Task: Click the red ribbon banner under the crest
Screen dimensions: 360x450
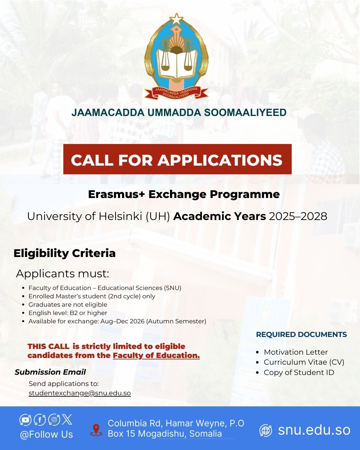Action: click(x=176, y=93)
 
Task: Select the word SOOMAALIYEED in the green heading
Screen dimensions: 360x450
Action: click(x=245, y=113)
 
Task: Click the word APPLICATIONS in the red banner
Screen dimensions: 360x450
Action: click(x=220, y=160)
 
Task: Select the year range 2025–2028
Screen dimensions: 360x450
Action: click(x=298, y=216)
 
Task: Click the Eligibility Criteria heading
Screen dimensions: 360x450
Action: click(x=65, y=253)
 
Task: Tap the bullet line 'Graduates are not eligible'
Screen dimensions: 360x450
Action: click(x=68, y=304)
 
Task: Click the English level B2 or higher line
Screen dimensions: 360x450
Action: click(x=68, y=313)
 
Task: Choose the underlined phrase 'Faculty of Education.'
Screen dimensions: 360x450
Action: click(x=156, y=355)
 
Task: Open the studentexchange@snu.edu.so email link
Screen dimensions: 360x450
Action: click(x=80, y=393)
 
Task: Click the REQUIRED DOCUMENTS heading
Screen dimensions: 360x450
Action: click(x=301, y=335)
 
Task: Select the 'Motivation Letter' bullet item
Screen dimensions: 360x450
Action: click(x=296, y=352)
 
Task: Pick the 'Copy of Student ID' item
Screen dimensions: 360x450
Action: click(x=299, y=372)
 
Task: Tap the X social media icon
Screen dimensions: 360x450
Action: click(x=67, y=419)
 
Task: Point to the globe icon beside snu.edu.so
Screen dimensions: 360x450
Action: click(x=266, y=431)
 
